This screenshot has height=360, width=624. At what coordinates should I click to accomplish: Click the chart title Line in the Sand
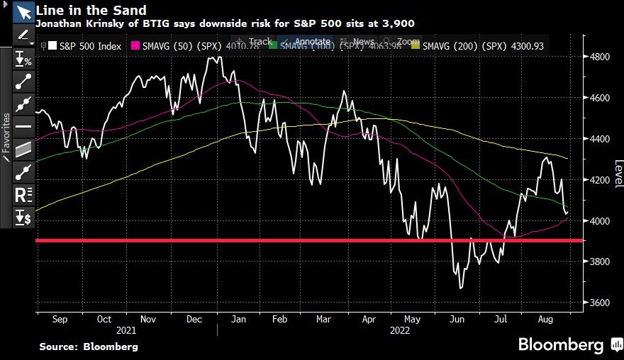[x=91, y=10]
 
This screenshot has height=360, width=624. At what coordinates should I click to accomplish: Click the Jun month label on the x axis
[x=457, y=320]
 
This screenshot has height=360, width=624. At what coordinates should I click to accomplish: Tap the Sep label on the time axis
[x=60, y=320]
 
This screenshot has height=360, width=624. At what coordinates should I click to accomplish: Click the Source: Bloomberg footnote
[x=89, y=347]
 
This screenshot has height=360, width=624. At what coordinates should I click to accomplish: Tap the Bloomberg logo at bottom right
[x=564, y=345]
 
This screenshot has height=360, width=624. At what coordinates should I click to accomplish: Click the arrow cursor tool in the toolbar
[x=23, y=12]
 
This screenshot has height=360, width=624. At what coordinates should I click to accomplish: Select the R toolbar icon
[x=23, y=193]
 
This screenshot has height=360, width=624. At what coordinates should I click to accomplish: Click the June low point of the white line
[x=461, y=288]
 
